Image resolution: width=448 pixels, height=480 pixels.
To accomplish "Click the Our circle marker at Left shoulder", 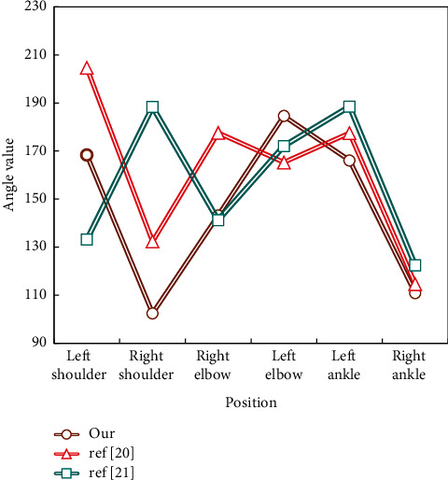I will coord(87,155).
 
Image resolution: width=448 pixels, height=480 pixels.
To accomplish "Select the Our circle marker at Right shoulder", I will coord(152,313).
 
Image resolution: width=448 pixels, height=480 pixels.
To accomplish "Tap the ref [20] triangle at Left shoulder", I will coord(87,68).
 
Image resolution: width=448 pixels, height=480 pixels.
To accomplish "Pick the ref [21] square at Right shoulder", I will coord(152,107).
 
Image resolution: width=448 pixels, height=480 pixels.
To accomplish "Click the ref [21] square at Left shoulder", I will coord(87,239).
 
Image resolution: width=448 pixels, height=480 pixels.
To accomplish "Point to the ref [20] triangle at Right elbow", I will coord(218,134).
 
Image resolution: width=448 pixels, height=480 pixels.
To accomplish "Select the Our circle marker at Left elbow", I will coord(284,116).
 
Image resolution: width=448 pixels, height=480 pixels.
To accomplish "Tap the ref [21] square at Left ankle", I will coord(349,107).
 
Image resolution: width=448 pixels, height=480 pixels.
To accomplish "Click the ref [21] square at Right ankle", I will coord(415,265).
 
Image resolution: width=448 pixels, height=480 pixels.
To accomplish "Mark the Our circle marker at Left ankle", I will coord(349,161).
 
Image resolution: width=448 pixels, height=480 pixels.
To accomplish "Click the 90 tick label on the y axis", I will coord(38,343).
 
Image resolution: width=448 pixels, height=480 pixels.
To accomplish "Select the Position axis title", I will coord(250,403).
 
